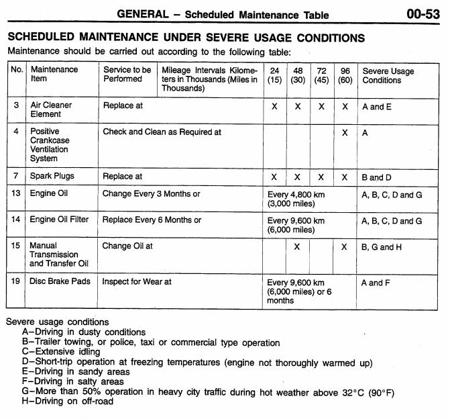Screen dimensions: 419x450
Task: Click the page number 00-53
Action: (423, 13)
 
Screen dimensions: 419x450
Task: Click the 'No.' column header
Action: (17, 70)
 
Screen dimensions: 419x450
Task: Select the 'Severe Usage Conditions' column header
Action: (388, 75)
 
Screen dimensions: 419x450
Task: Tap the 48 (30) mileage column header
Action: (298, 75)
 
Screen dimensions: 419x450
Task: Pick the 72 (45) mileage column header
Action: (321, 75)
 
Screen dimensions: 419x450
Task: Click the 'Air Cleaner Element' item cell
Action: (51, 109)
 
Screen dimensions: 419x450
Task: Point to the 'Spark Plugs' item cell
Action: (52, 177)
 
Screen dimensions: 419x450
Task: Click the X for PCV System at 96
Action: (345, 133)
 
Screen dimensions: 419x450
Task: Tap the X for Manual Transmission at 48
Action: (298, 246)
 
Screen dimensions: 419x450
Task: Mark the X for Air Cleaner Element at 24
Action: (274, 107)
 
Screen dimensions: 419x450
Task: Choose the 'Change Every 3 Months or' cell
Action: (152, 195)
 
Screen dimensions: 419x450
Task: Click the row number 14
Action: (17, 220)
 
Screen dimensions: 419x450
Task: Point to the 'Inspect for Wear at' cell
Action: (137, 282)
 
